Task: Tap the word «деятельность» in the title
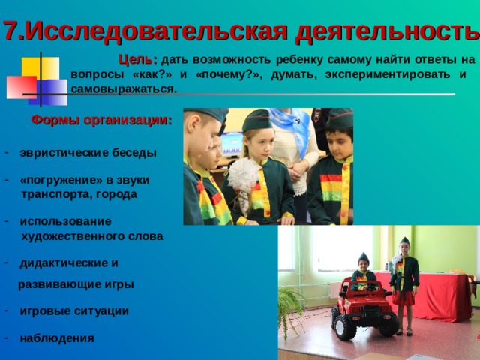click(x=386, y=31)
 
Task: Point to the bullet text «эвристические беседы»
click(x=88, y=152)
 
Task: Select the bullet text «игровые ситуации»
click(x=74, y=310)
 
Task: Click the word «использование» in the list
click(x=65, y=221)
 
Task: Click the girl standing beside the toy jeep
click(x=405, y=285)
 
